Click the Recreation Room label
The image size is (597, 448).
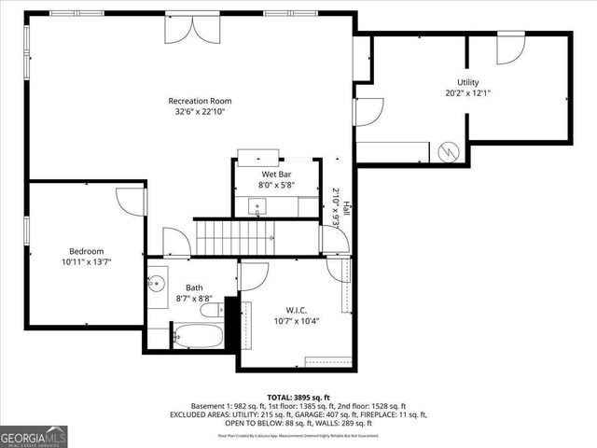tap(200, 101)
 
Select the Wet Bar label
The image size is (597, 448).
tap(273, 174)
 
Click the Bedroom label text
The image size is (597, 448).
tap(86, 250)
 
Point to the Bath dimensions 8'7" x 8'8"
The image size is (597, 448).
tap(194, 299)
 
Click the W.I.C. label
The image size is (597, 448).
tap(296, 310)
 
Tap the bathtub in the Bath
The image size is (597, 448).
tap(198, 334)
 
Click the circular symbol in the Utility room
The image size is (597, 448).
tap(448, 150)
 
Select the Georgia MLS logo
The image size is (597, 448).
tap(32, 436)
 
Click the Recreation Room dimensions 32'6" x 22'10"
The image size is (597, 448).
tap(200, 112)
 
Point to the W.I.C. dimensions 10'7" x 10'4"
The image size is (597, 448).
tap(296, 321)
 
